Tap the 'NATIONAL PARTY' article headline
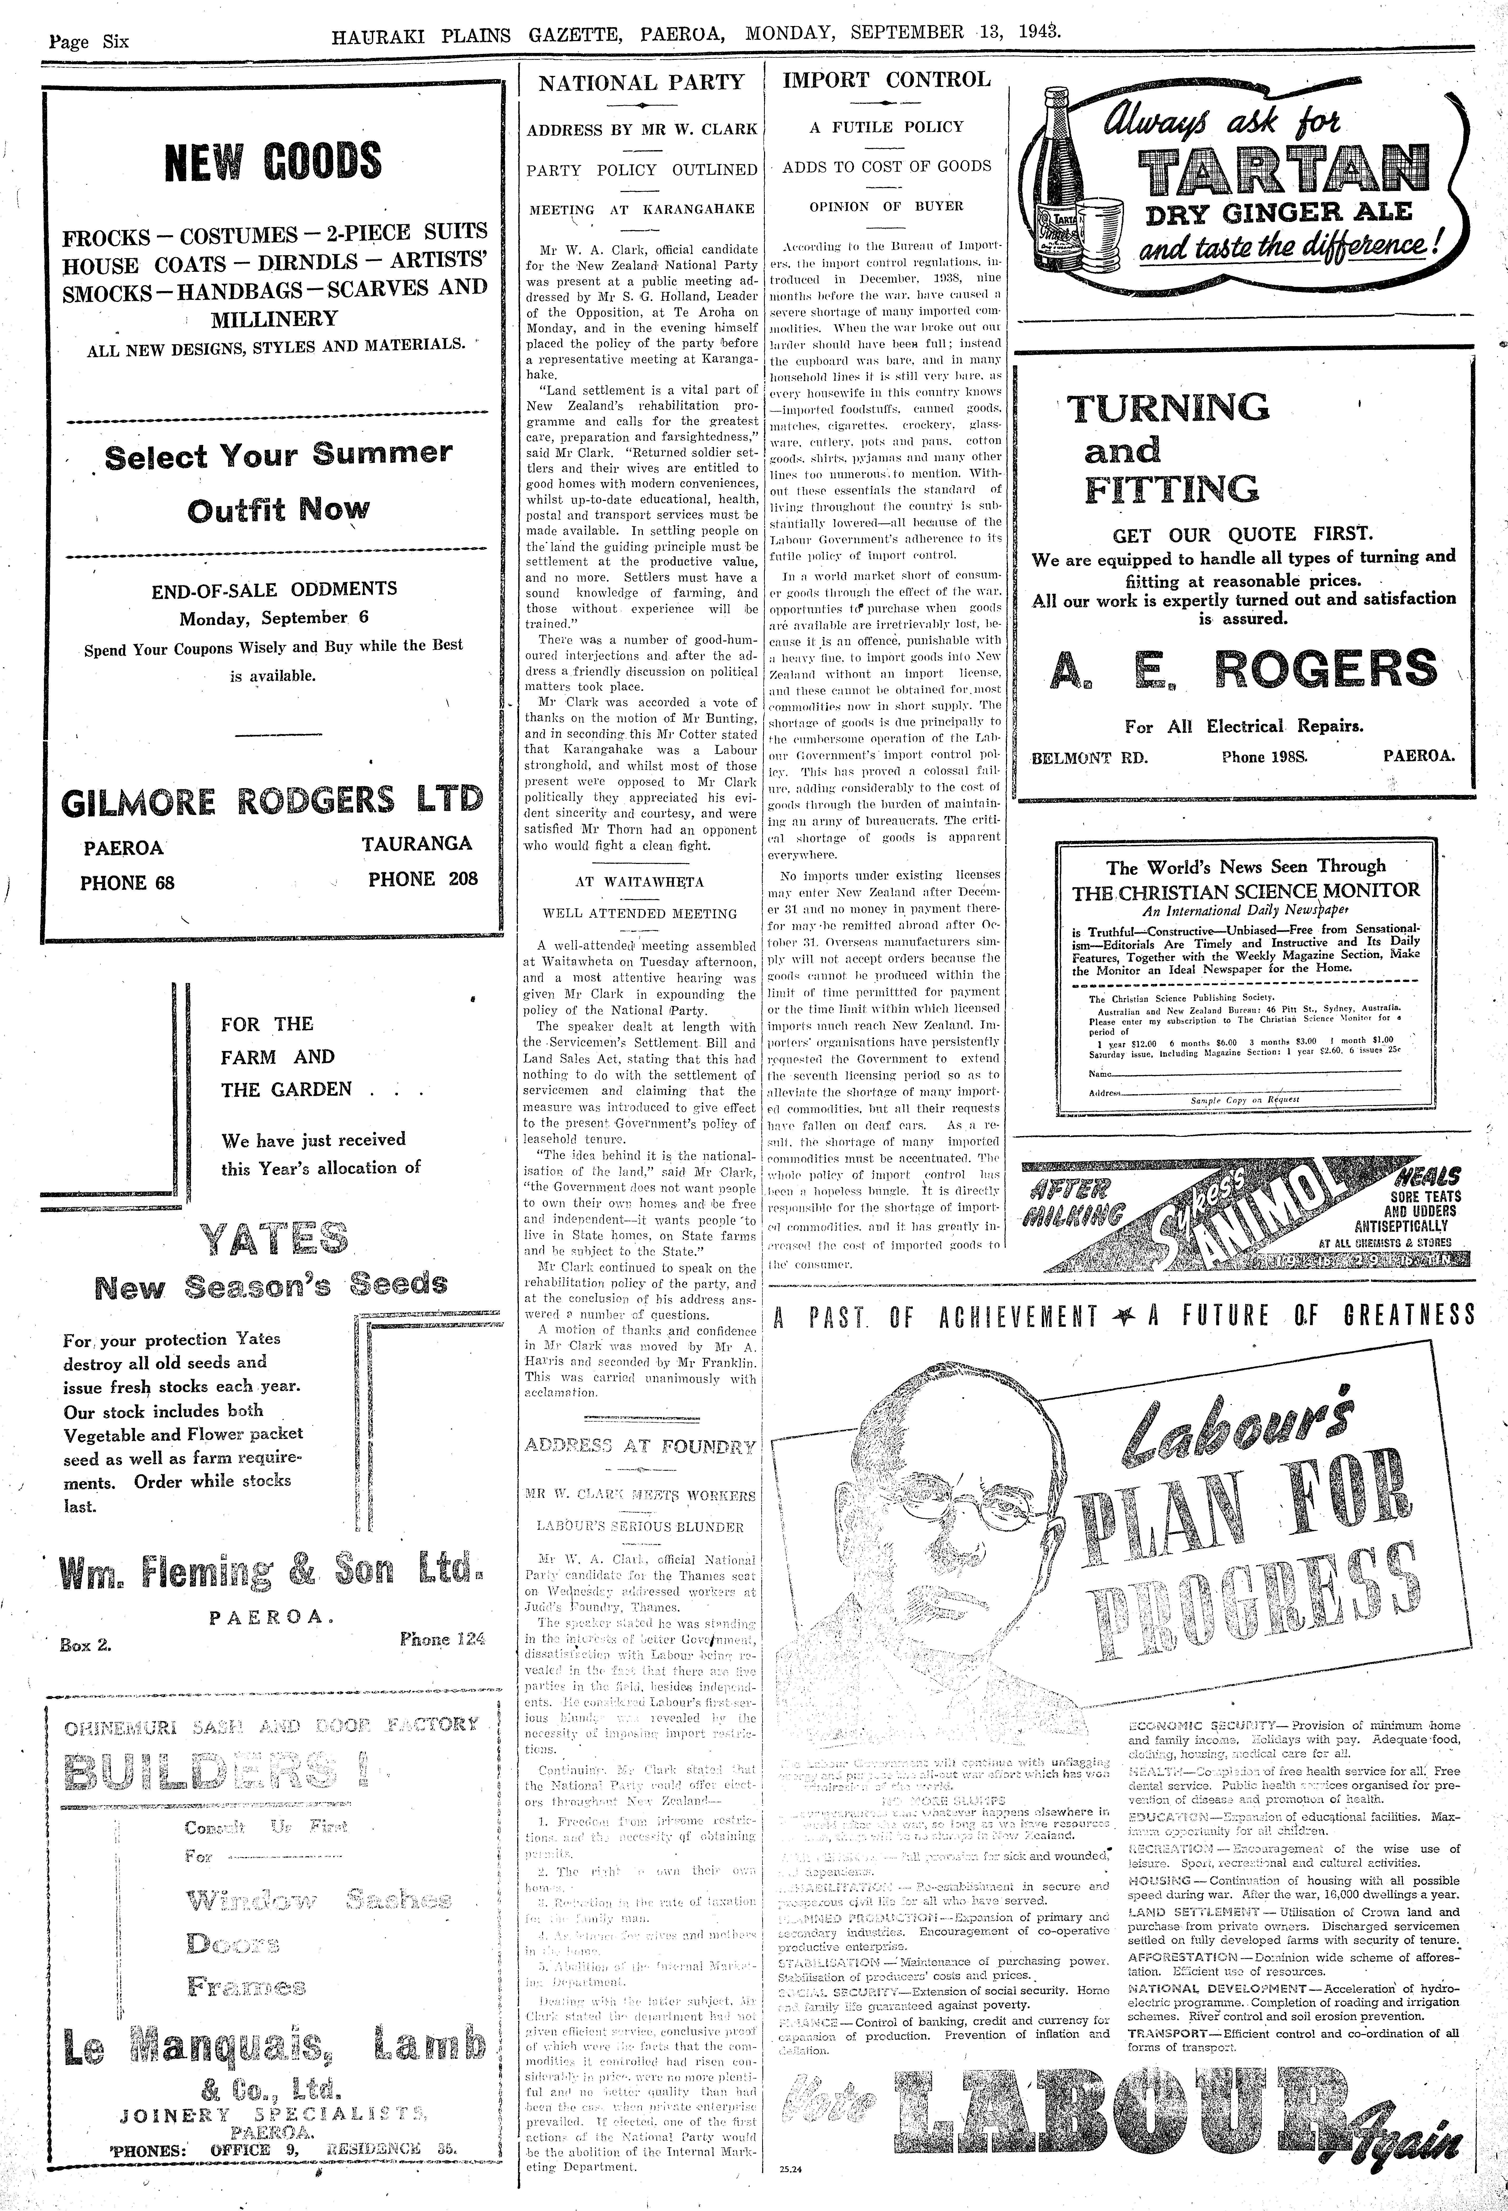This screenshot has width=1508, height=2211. pyautogui.click(x=641, y=83)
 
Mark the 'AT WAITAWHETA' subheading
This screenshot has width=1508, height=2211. pyautogui.click(x=640, y=881)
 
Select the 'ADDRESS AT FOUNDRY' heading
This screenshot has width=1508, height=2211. pyautogui.click(x=640, y=1447)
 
